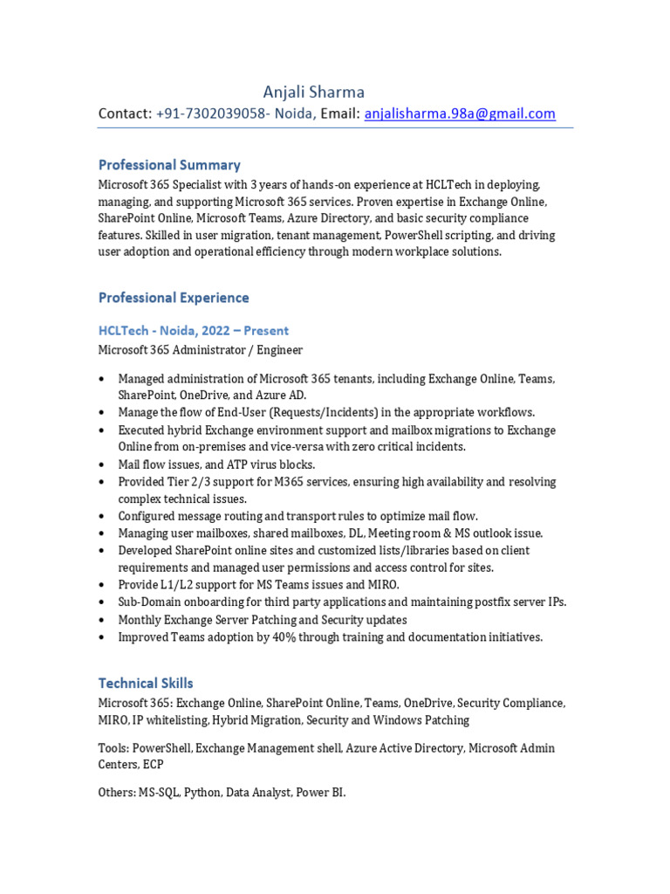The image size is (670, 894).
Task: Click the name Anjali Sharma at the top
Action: coord(314,92)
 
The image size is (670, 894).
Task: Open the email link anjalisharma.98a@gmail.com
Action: coord(460,113)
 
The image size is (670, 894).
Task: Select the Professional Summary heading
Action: coord(169,164)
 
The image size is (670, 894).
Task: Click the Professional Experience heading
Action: coord(174,298)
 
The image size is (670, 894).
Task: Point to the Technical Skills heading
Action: coord(146,683)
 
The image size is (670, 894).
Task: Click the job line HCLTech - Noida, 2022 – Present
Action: coord(194,330)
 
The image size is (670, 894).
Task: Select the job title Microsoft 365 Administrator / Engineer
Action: coord(201,350)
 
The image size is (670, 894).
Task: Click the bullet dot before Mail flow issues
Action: coord(102,464)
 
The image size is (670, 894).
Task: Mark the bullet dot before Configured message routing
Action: coord(102,516)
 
